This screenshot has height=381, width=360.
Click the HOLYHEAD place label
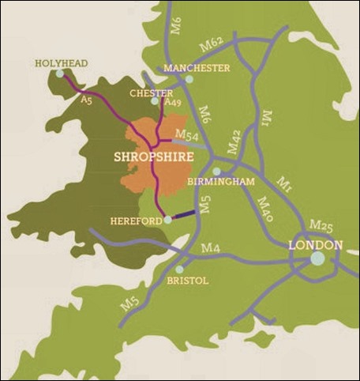click(61, 63)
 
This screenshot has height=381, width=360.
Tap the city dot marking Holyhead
click(60, 74)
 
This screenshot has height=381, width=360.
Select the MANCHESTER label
click(197, 69)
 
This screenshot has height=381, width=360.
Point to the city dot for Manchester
click(189, 79)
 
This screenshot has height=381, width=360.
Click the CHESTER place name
click(150, 93)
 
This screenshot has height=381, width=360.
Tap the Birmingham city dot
click(216, 172)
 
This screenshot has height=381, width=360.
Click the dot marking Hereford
click(167, 221)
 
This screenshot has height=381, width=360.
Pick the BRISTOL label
click(188, 281)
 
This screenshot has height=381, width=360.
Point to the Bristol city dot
click(180, 270)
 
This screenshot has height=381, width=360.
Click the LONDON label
click(315, 245)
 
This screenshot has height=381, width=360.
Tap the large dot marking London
click(317, 258)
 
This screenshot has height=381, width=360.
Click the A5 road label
click(87, 101)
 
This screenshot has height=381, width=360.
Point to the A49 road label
click(171, 102)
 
